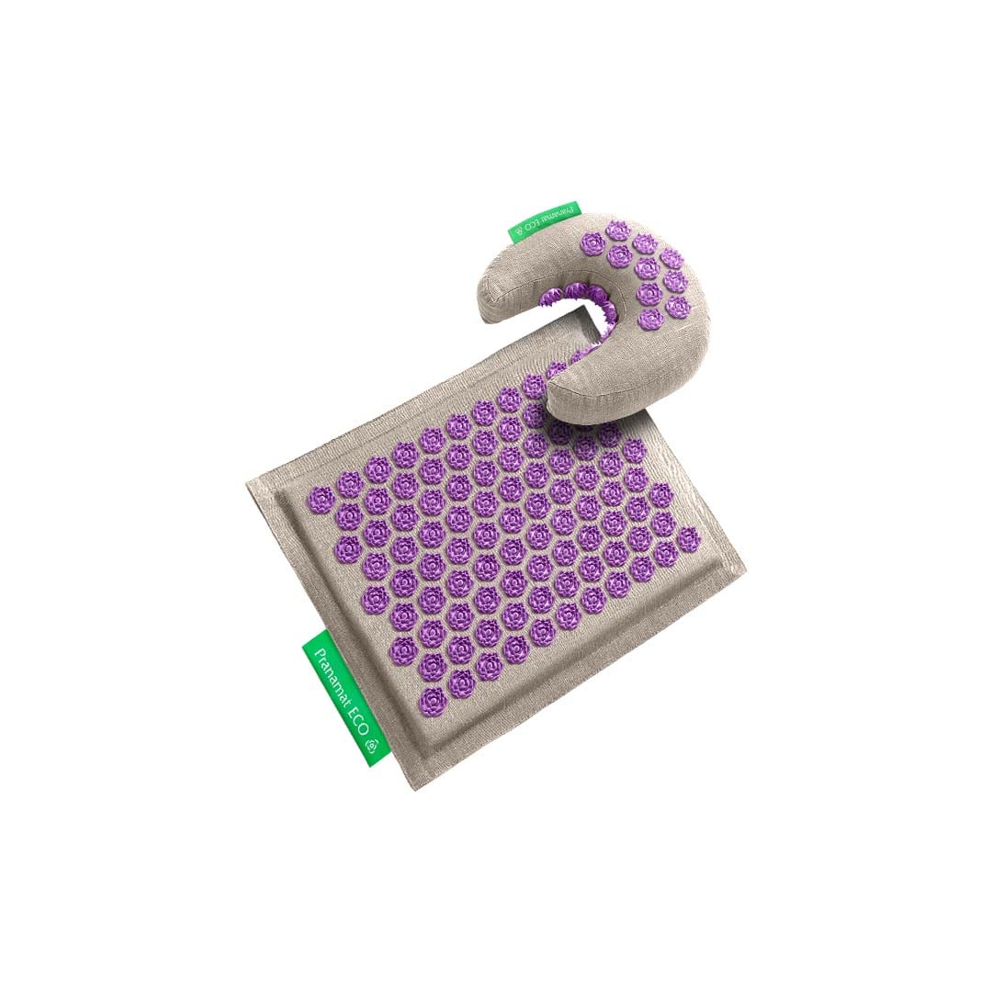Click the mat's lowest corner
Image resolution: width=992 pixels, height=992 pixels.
[x=416, y=786]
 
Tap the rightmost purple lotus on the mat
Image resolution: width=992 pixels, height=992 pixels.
[x=687, y=539]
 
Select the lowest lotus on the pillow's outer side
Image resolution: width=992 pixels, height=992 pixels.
[x=650, y=321]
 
